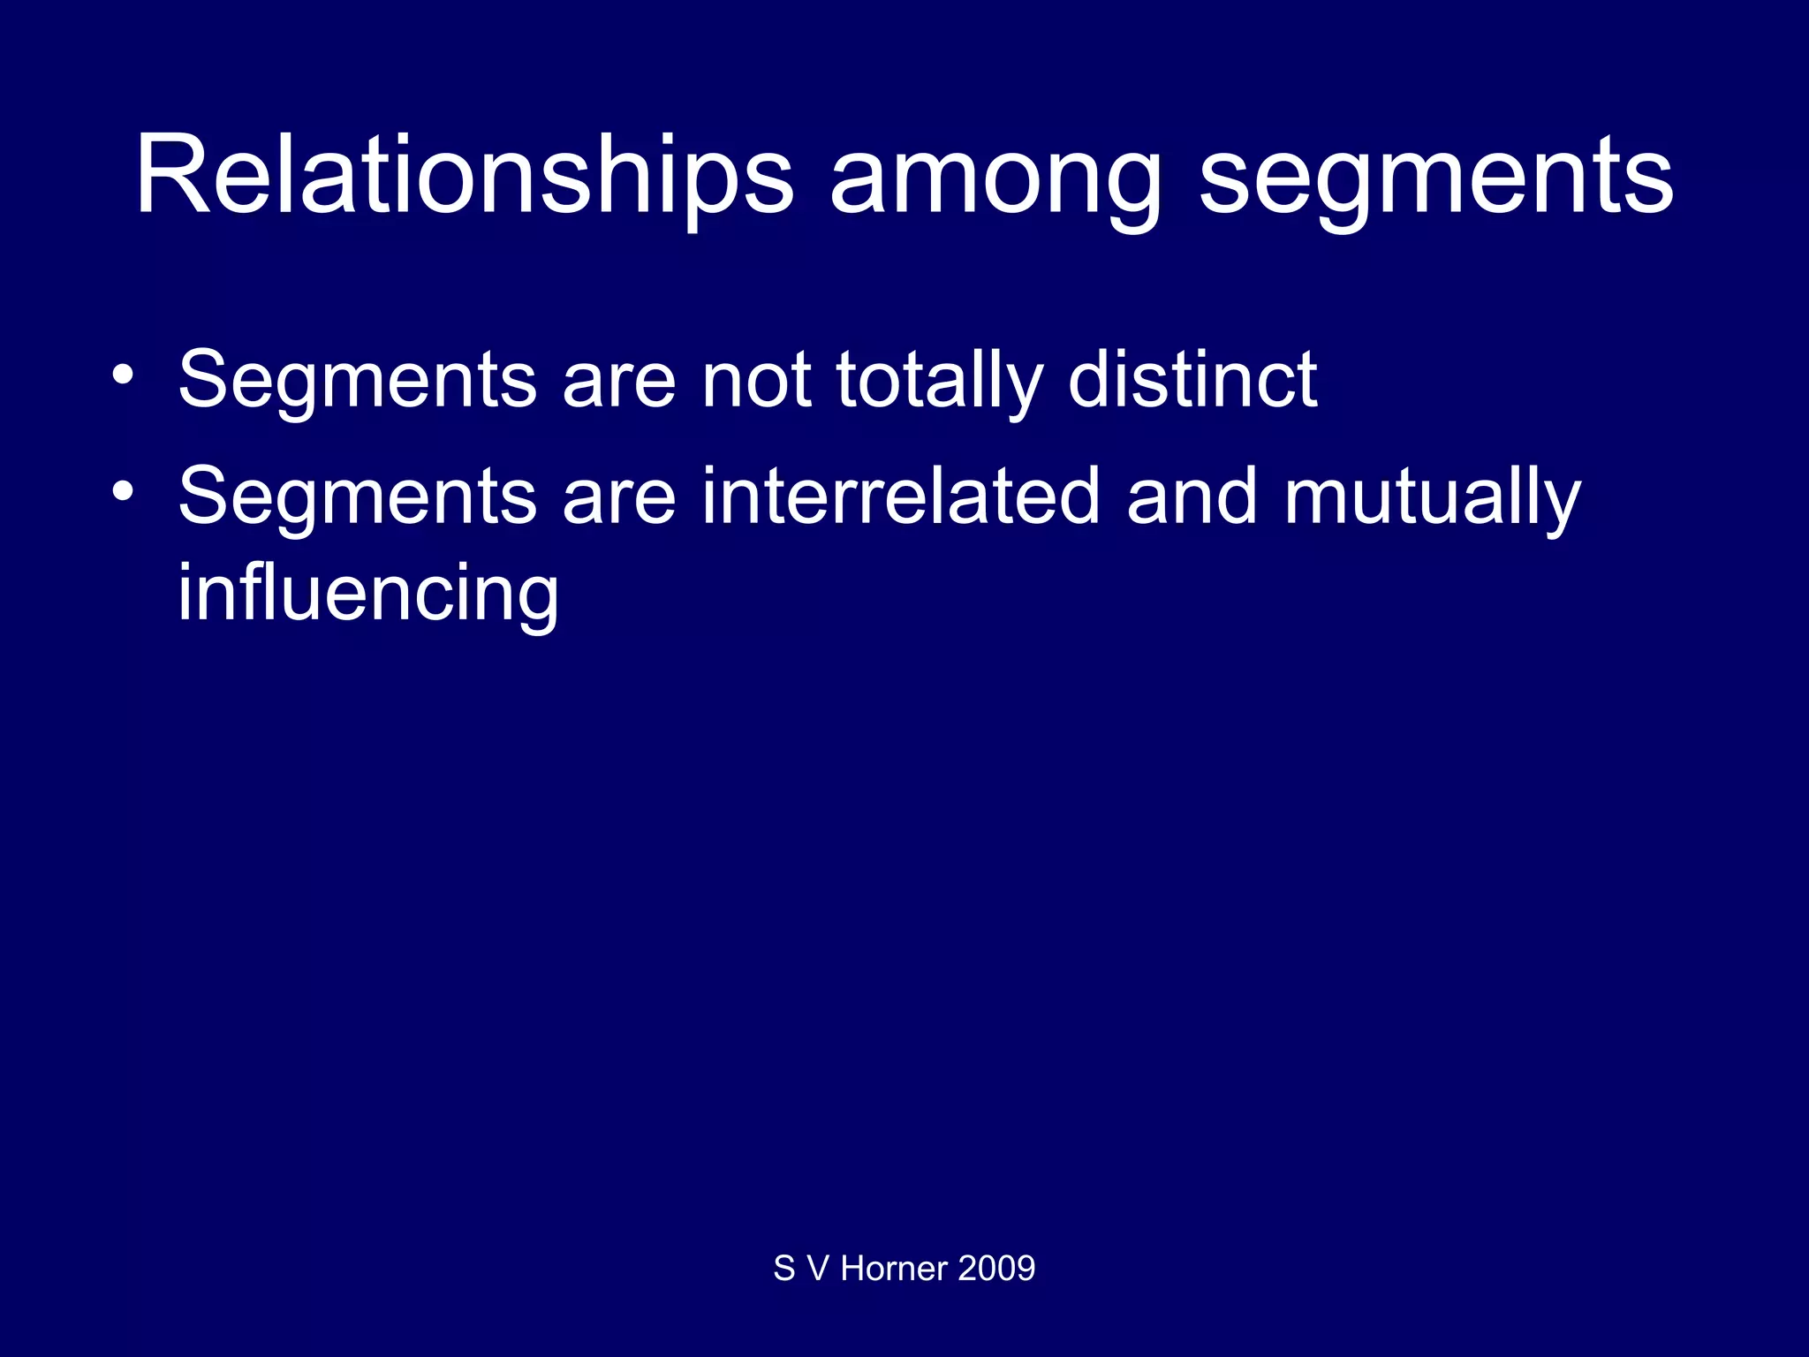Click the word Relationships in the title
point(464,177)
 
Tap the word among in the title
point(995,177)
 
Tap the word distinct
point(1192,380)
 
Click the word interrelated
point(901,497)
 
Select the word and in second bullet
point(1192,497)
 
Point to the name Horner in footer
point(894,1269)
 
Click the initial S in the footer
point(783,1269)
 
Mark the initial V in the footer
point(818,1269)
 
